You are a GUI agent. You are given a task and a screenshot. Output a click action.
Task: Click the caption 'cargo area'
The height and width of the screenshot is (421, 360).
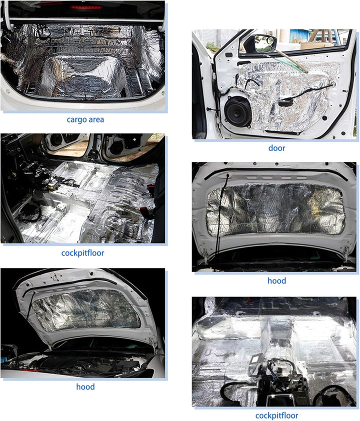(85, 119)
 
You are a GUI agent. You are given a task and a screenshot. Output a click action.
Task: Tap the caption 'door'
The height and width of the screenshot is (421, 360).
(276, 148)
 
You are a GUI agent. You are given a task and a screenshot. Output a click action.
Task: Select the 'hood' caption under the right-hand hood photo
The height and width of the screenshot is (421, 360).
(276, 280)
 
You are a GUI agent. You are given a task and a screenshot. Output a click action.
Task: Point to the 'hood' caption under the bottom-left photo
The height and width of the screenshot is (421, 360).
(85, 386)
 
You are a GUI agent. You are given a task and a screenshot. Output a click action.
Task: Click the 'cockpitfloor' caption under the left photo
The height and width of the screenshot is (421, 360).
(82, 253)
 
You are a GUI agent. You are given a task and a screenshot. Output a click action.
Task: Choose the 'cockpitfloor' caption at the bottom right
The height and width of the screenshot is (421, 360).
(276, 415)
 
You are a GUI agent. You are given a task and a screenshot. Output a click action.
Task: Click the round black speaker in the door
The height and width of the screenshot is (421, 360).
(237, 110)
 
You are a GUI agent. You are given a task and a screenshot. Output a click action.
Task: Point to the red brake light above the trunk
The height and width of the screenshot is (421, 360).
(86, 7)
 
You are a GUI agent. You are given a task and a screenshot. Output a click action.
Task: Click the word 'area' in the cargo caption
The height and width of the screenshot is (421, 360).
(95, 119)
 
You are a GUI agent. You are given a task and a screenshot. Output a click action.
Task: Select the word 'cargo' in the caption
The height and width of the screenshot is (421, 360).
(75, 120)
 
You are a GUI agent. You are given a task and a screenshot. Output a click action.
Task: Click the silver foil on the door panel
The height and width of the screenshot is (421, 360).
(287, 96)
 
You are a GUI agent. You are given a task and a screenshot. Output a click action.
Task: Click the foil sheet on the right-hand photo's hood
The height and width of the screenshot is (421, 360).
(275, 209)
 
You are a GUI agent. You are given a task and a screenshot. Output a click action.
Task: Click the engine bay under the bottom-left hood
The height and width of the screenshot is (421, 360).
(80, 360)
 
